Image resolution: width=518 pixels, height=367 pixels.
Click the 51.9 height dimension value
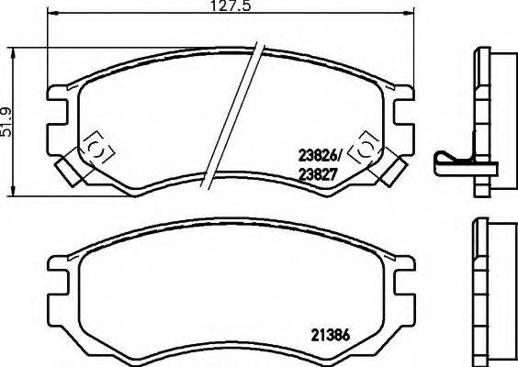(x=7, y=117)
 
